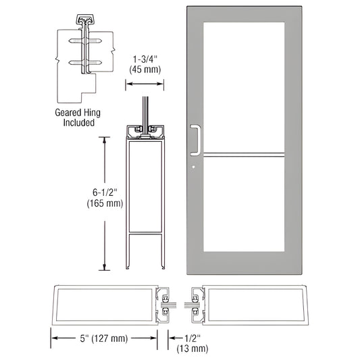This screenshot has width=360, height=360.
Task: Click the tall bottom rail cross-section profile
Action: click(146, 196)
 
